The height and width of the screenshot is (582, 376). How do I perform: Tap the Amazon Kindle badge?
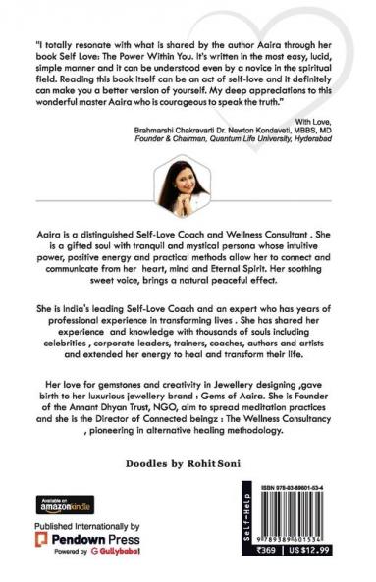(60, 504)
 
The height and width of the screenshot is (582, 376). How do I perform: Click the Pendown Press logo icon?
(43, 540)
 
